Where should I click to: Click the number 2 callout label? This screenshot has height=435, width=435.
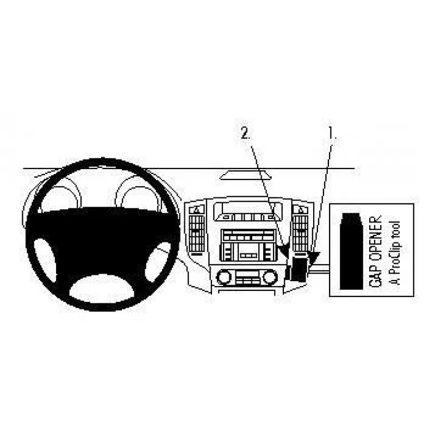click(x=245, y=133)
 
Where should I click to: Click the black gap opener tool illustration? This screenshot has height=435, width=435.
click(x=351, y=251)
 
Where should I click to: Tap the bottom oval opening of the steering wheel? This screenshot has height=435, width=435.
click(x=102, y=289)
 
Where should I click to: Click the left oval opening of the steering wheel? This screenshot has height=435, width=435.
click(x=45, y=259)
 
